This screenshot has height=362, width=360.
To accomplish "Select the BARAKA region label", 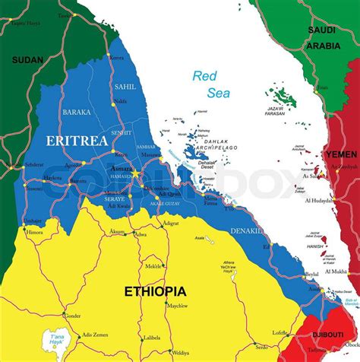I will [76, 112].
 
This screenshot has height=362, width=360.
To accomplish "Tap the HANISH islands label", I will [314, 246].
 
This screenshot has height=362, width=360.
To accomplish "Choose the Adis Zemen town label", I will [96, 335].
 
